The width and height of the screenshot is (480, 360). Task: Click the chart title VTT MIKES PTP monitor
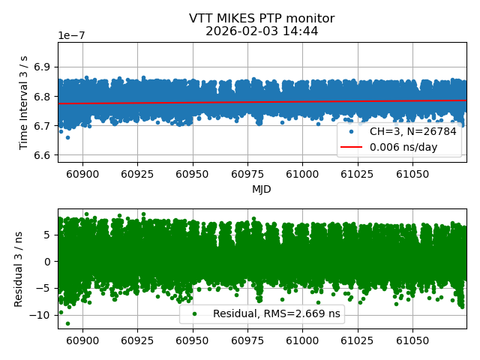[x=261, y=19]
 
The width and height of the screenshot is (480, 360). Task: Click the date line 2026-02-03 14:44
[x=261, y=31]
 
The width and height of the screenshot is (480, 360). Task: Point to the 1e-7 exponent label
[x=73, y=36]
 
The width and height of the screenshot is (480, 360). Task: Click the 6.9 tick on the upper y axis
[x=42, y=67]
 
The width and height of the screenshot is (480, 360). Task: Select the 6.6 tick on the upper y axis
[x=42, y=155]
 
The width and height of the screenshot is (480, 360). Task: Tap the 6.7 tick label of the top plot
[x=42, y=126]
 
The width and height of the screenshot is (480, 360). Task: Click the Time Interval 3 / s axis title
[x=25, y=102]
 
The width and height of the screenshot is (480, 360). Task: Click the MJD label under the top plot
[x=261, y=189]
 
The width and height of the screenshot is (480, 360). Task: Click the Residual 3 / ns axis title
[x=19, y=268]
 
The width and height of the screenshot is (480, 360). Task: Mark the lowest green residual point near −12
[x=67, y=323]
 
